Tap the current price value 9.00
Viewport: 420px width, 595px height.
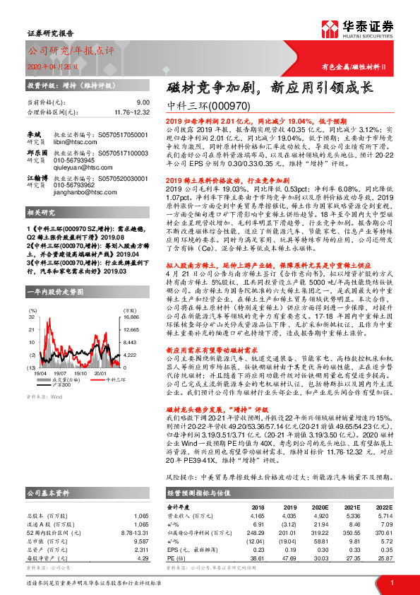pyautogui.click(x=143, y=102)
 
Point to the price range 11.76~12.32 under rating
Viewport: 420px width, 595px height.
pyautogui.click(x=131, y=111)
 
